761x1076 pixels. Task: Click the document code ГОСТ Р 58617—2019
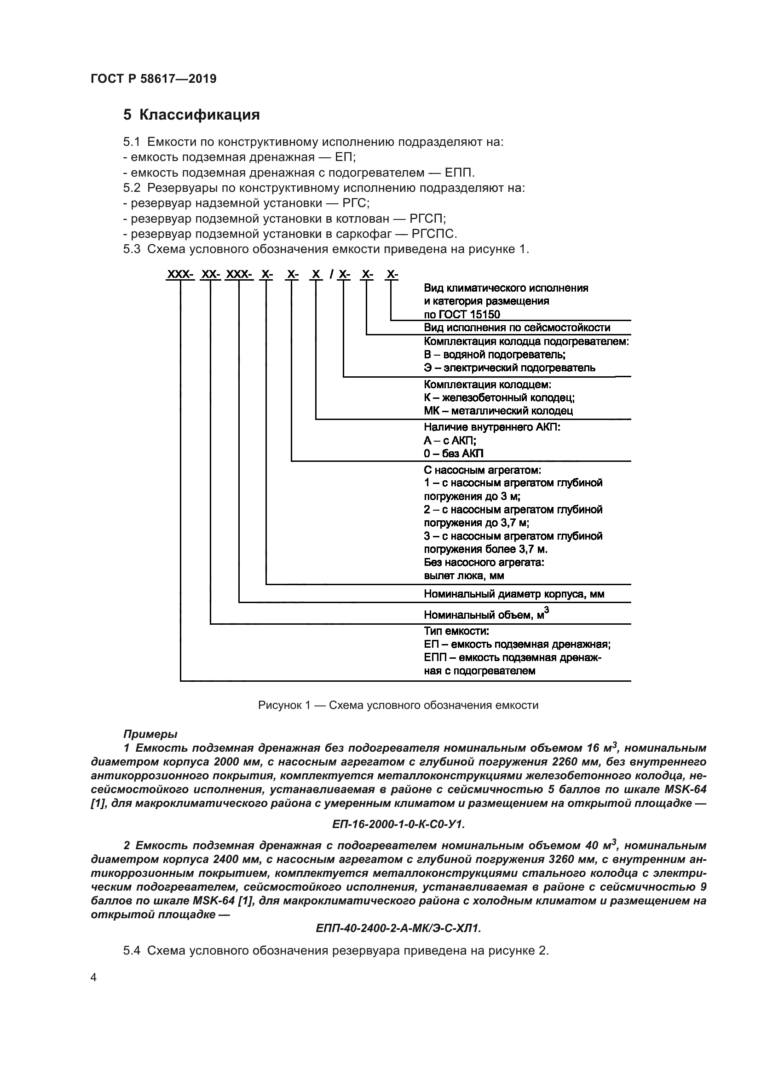pos(153,79)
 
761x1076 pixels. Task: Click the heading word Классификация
pos(199,115)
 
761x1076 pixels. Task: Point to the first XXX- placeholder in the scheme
pos(180,275)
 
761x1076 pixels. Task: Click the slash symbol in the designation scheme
pos(331,275)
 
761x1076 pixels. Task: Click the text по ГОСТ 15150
pos(461,315)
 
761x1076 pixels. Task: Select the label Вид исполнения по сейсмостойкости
pos(517,328)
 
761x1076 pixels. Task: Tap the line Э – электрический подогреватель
pos(509,368)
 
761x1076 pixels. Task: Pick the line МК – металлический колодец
pos(498,410)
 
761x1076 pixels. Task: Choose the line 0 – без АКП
pos(454,453)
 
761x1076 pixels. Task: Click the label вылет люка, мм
pos(464,575)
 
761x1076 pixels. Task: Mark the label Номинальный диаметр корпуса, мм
pos(514,594)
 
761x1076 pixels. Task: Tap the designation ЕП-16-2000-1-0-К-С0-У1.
pos(398,824)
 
